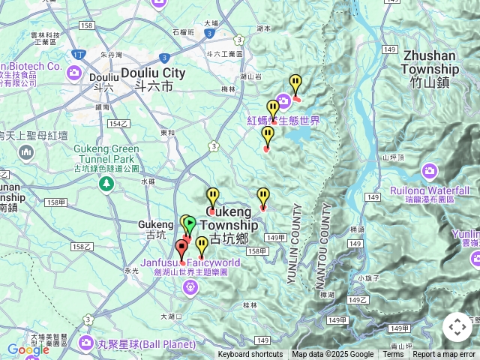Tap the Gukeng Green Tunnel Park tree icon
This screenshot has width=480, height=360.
pos(106,184)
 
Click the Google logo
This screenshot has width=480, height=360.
pos(28,349)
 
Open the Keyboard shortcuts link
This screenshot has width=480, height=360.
pos(250,355)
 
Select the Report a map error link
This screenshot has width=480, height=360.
pos(444,355)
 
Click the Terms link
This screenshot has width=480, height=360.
pos(393,355)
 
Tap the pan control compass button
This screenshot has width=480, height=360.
pos(457,327)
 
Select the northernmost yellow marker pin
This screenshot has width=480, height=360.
pos(295,84)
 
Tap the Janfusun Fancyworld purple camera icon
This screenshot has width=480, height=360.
pos(190,286)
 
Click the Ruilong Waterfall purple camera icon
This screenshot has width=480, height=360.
pos(430,169)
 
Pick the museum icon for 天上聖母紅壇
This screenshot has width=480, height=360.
pos(28,154)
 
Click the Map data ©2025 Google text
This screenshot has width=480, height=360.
pos(333,355)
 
